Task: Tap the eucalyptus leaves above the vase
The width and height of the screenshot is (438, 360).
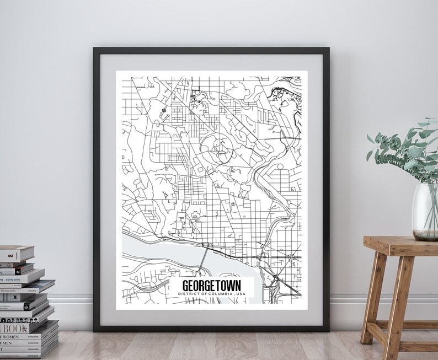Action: pos(405,149)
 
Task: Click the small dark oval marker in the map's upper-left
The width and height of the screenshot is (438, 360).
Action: pos(164,111)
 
